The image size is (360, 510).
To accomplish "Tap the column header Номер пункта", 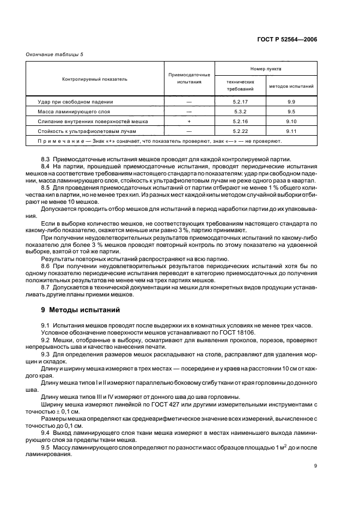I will pos(266,69).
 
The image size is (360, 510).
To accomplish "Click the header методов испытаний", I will pos(291,86).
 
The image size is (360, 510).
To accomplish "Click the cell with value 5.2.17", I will pos(240,101).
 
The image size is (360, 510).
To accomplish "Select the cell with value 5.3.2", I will pos(240,111).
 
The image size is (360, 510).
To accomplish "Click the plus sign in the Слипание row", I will pos(189,122).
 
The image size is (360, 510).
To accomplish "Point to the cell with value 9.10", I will pos(291,122).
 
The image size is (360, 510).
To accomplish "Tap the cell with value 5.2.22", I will pos(240,131).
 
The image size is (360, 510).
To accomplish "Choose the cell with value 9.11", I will pos(291,131).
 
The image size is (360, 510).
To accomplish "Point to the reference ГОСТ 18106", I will pos(229,332).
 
